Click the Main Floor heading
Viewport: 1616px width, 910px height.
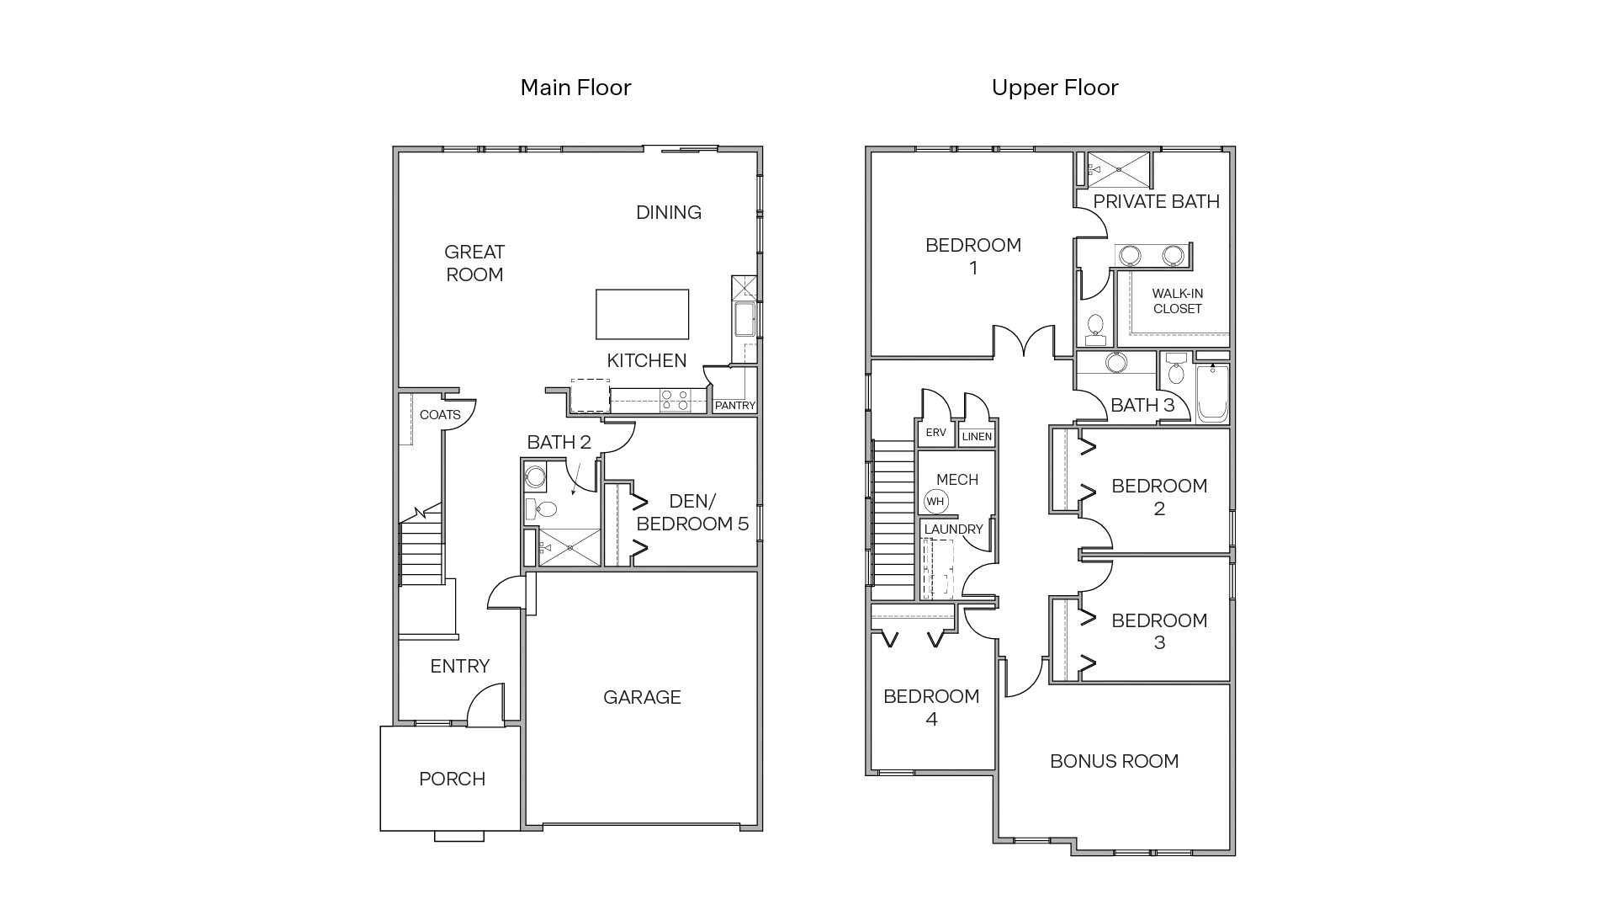coord(575,88)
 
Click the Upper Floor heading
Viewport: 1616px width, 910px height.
coord(1055,88)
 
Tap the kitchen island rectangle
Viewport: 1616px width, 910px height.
coord(642,314)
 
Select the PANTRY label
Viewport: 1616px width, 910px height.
coord(734,406)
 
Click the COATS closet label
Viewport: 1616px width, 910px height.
coord(440,415)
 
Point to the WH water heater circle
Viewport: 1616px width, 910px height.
coord(935,502)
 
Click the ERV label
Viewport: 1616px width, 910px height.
coord(935,433)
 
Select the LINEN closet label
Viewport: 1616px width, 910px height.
coord(977,437)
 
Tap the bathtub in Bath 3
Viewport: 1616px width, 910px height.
coord(1212,393)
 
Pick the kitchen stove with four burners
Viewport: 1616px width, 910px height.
coord(674,400)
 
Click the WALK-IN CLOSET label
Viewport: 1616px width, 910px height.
coord(1177,301)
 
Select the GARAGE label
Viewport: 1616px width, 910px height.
coord(642,697)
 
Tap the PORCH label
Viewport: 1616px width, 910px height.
coord(452,780)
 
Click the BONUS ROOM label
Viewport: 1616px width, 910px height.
coord(1114,762)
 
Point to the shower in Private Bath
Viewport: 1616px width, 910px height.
coord(1118,170)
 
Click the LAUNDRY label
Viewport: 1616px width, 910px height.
coord(953,530)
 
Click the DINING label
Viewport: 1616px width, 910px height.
coord(668,213)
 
